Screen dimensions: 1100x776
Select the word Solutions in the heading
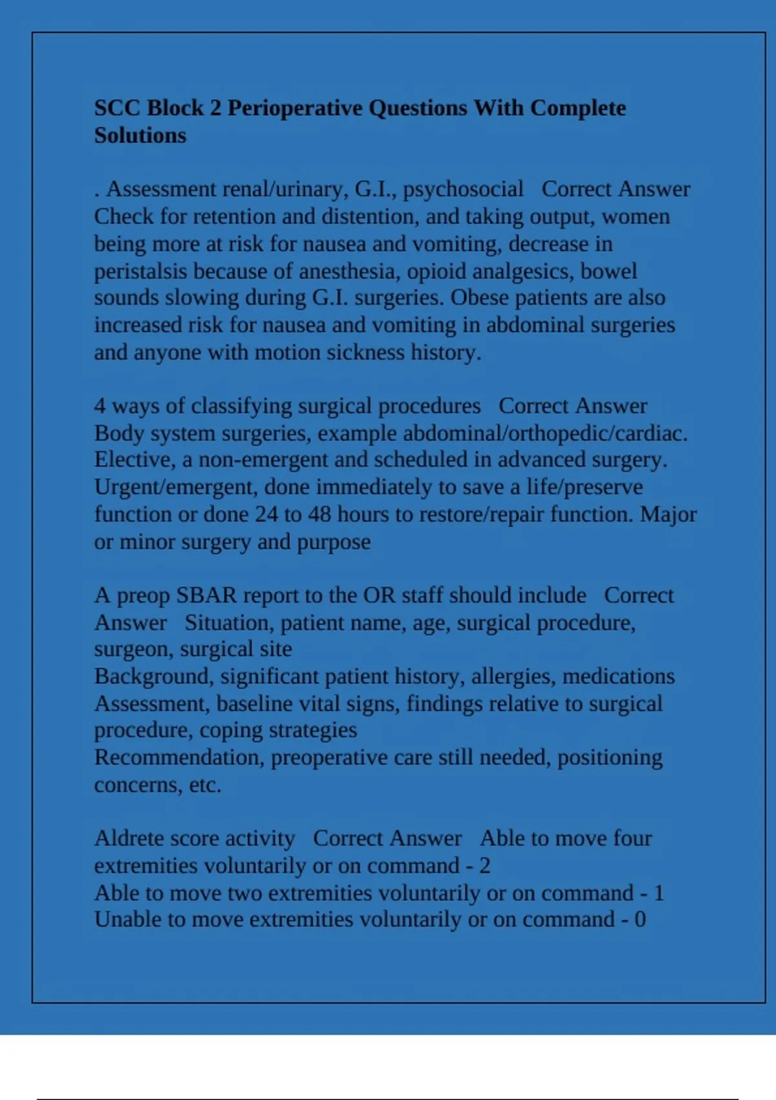(140, 136)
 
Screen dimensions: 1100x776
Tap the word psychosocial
(463, 190)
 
